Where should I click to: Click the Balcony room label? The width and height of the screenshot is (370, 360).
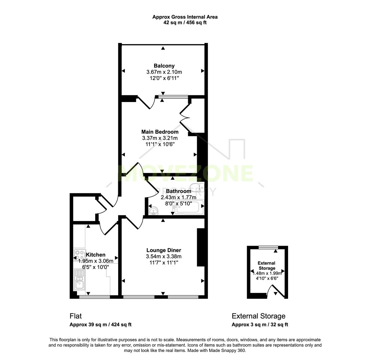[164, 66]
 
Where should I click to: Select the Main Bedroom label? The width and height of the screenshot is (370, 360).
[160, 132]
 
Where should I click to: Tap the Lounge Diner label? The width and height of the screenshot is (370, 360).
[164, 250]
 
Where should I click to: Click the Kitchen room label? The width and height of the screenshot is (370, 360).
[96, 255]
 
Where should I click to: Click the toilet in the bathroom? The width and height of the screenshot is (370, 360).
[197, 187]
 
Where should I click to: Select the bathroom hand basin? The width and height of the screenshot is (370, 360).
[154, 211]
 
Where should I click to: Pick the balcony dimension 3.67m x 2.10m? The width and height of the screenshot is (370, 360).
[164, 72]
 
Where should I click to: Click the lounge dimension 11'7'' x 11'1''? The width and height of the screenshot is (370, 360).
[164, 263]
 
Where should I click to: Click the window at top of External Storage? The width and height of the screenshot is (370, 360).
[268, 247]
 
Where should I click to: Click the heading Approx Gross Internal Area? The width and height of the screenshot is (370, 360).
[185, 17]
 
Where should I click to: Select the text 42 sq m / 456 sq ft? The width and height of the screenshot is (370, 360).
[185, 23]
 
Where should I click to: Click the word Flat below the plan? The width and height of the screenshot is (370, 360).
[76, 316]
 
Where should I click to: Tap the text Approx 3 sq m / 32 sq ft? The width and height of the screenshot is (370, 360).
[260, 325]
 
